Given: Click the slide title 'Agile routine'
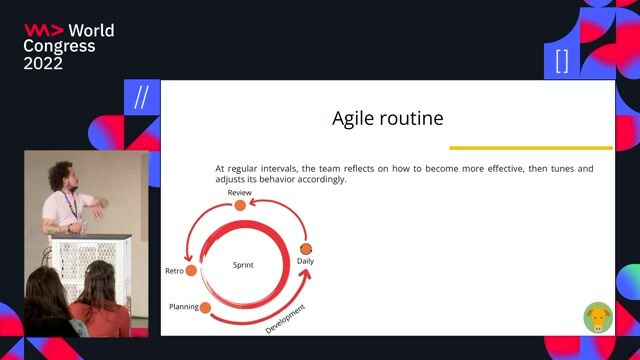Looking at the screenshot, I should coord(387,119).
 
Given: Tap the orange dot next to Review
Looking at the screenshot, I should coord(239,205).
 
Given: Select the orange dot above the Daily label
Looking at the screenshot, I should coord(306,248).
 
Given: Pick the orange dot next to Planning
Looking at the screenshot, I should coord(205,308).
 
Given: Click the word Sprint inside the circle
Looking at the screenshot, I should coord(243,265).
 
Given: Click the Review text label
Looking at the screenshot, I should coord(239,192).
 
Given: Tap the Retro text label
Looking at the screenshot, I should coord(173,271).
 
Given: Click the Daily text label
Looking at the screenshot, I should coord(306,261).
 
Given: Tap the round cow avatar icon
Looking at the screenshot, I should coord(598,318).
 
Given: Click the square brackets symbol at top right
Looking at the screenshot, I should coord(561,61).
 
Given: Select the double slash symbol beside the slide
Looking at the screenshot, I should coord(141,97).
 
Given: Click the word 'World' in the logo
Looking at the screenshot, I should coord(91,31).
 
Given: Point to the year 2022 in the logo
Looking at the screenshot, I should coord(43,63).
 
